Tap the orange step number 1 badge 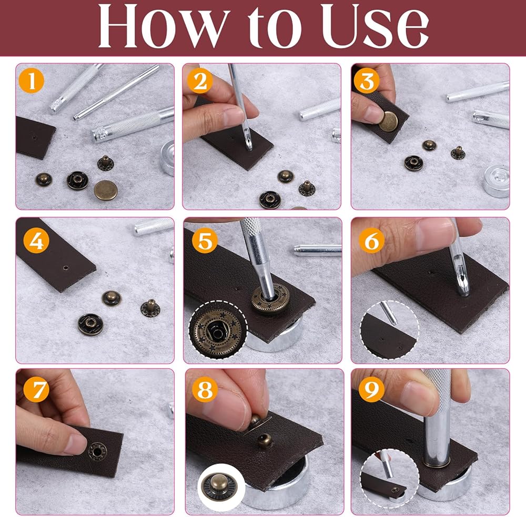click(x=32, y=81)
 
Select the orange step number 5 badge click(x=205, y=241)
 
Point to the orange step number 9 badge click(x=372, y=389)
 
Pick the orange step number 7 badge click(x=36, y=389)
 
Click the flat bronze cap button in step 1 click(x=106, y=190)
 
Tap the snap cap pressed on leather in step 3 click(x=389, y=121)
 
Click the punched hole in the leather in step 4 click(x=66, y=267)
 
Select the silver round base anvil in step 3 click(x=497, y=181)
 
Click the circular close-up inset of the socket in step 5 click(x=218, y=330)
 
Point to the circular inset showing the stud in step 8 click(x=219, y=487)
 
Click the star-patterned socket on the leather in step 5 click(x=271, y=297)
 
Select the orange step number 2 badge click(x=200, y=81)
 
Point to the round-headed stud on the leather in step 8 click(x=265, y=441)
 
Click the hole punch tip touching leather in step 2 click(x=248, y=144)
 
